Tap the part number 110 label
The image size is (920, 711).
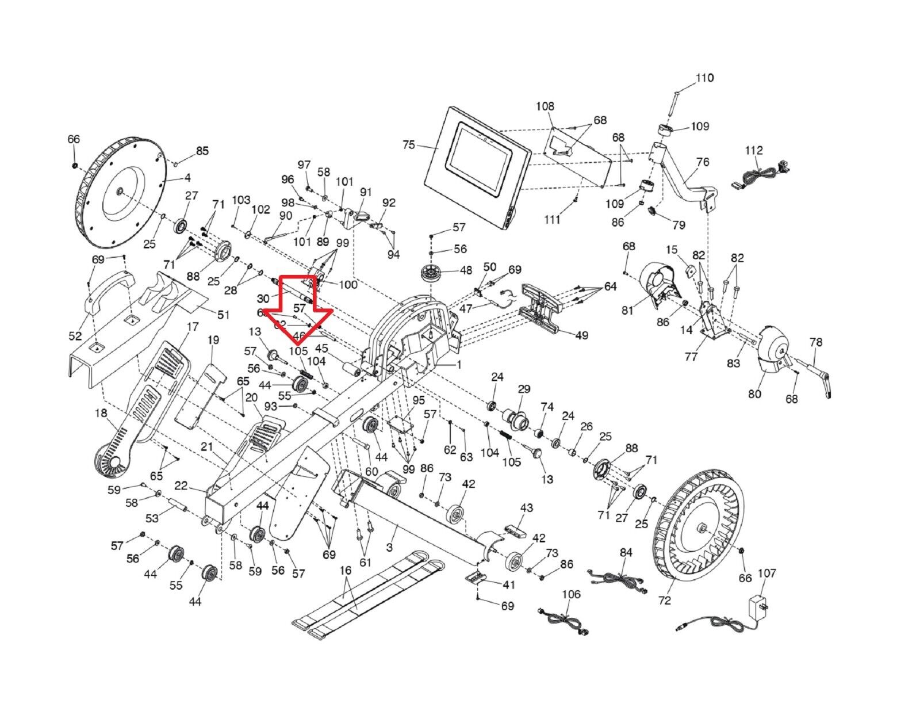click(704, 78)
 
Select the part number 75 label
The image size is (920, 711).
click(409, 144)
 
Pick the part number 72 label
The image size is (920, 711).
click(665, 601)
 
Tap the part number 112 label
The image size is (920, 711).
click(754, 151)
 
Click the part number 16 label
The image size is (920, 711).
click(345, 571)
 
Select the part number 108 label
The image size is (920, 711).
click(545, 106)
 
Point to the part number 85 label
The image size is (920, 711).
click(202, 151)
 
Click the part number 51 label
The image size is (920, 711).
click(223, 315)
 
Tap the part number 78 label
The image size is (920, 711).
click(816, 342)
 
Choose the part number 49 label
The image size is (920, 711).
click(581, 335)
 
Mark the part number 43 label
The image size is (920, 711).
click(527, 507)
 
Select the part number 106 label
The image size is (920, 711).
click(571, 594)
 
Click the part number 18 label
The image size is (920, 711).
click(101, 413)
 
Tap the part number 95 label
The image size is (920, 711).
click(419, 400)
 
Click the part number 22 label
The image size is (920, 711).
click(181, 486)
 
